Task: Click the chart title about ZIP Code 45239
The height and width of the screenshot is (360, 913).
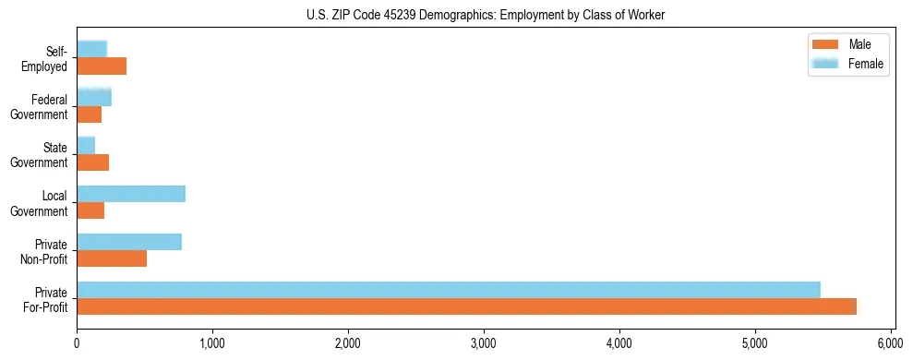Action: point(486,15)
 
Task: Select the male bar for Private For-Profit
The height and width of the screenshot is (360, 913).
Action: point(466,306)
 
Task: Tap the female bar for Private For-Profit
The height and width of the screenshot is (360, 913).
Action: point(448,290)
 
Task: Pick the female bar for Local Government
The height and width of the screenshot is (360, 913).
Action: point(131,194)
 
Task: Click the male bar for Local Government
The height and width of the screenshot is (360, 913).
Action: point(90,210)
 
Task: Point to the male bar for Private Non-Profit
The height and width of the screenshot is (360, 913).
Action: point(112,258)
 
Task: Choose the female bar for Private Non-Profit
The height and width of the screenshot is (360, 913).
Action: point(129,242)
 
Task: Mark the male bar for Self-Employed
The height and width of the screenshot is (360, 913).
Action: point(102,66)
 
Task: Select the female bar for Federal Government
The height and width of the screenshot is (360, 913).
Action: point(94,97)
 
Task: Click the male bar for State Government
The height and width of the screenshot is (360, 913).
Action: point(92,162)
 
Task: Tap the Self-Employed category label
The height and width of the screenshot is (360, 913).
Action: point(46,59)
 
